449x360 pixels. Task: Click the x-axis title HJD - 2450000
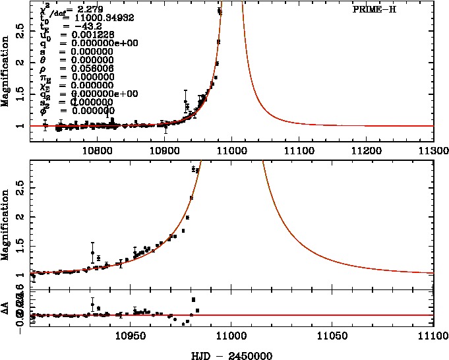(x=231, y=354)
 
